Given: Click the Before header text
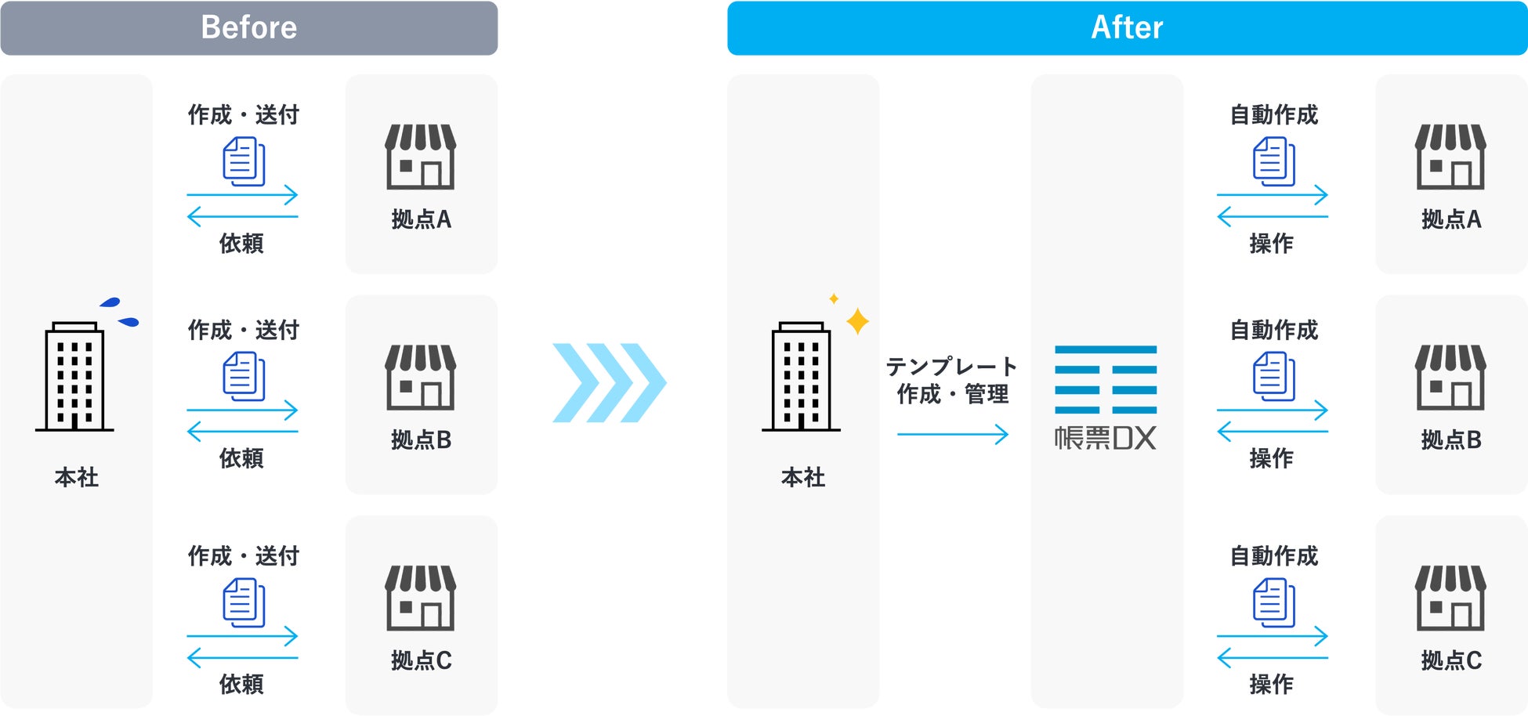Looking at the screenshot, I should click(249, 27).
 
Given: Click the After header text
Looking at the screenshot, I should click(1127, 27).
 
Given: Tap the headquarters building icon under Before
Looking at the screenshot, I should click(74, 376).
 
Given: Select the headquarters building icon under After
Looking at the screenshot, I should click(801, 376).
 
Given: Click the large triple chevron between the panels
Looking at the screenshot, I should click(609, 383).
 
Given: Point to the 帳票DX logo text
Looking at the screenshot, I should click(1105, 438).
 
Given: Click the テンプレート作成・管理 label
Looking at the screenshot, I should click(952, 380).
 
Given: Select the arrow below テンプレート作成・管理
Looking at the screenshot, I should click(952, 434).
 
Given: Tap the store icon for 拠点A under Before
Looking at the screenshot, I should click(421, 157).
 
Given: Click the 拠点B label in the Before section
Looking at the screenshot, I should click(421, 440).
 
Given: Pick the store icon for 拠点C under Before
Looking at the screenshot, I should click(421, 598).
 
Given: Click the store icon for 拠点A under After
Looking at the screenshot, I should click(1450, 157).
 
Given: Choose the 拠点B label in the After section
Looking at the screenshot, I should click(1450, 440).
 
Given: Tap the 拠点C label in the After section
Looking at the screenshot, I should click(1450, 661).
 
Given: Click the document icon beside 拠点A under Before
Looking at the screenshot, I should click(244, 161).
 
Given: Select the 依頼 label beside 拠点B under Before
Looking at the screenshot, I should click(241, 458).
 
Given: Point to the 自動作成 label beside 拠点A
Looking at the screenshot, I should click(1273, 115).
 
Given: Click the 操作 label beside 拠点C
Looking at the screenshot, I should click(1271, 684).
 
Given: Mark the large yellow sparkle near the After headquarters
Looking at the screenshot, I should click(857, 320).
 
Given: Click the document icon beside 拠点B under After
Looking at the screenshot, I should click(1273, 376).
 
